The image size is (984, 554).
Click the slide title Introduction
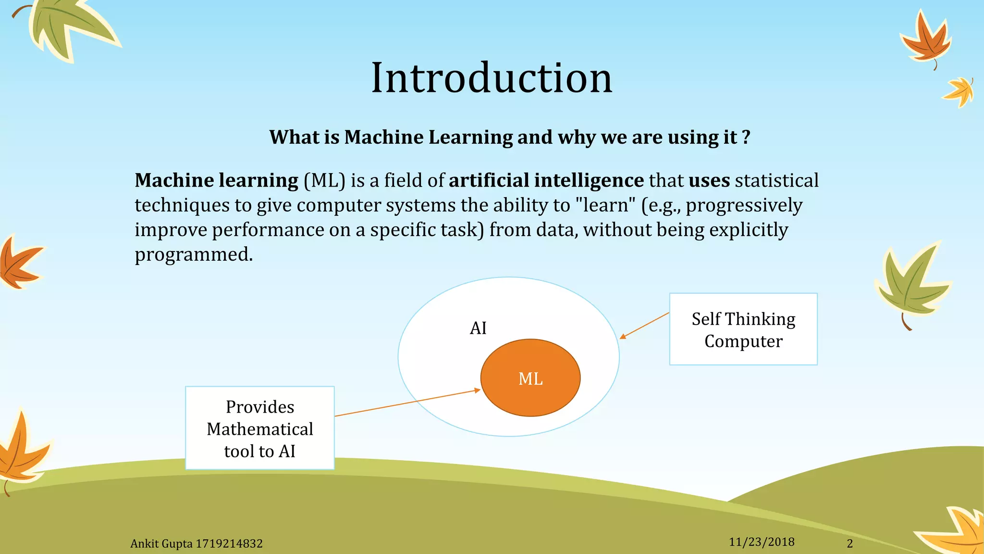coord(492,78)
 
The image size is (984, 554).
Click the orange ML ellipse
coord(530,378)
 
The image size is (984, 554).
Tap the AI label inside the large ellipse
coord(478,328)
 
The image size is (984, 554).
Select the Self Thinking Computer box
coord(743,329)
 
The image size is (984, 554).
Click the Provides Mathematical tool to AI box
coord(259,428)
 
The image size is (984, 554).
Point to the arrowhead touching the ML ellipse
coord(477,390)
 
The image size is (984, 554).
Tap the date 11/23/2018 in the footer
coord(761,542)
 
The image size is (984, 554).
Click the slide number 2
coord(849,543)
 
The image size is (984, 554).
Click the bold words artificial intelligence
coord(546,180)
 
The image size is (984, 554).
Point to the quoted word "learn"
coord(604,205)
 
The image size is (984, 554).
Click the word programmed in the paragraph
coord(193,254)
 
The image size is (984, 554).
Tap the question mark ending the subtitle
coord(746,137)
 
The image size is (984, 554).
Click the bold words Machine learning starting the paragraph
coord(216,180)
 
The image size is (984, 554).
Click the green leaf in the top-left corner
coord(67,26)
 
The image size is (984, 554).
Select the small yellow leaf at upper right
coord(959,91)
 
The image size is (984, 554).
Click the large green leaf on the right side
coord(910,284)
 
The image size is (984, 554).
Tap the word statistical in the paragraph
coord(776,180)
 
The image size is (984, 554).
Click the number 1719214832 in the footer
coord(229,544)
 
